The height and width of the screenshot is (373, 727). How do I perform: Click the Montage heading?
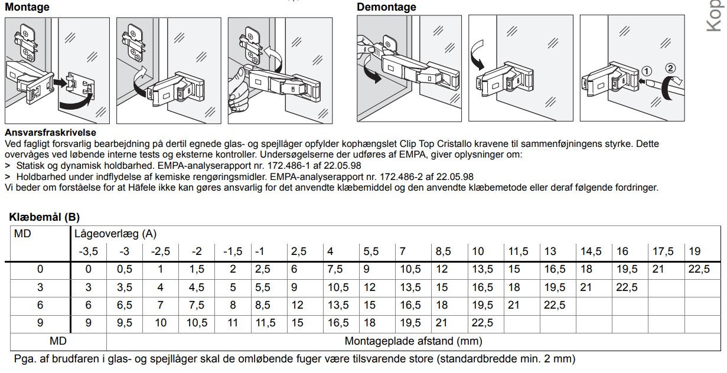(27, 7)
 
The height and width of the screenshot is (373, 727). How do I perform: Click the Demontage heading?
(386, 7)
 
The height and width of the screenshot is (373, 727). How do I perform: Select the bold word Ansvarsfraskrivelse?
(50, 133)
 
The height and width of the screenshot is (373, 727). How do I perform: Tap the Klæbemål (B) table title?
(44, 217)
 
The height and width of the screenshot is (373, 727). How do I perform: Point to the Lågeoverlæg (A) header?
(107, 234)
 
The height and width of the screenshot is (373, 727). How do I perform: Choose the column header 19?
(695, 251)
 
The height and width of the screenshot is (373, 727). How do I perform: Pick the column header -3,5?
(89, 251)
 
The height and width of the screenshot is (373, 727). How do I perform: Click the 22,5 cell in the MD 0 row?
(699, 269)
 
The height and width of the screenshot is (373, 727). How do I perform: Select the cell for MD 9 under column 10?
(483, 323)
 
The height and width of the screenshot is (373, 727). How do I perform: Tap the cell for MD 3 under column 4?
(338, 287)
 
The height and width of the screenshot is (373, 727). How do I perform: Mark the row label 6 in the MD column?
(40, 305)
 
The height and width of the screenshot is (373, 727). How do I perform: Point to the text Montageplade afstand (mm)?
(413, 341)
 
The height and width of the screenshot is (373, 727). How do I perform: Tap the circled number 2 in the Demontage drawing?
(670, 68)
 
